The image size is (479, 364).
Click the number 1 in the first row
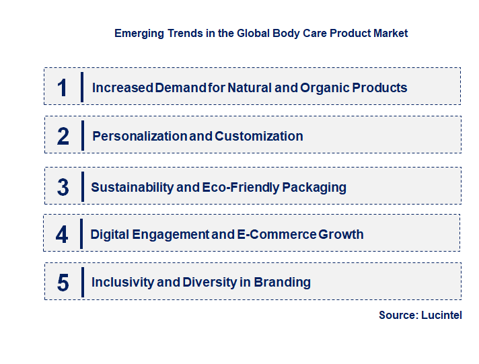coord(63,87)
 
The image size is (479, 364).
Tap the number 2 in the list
coord(63,136)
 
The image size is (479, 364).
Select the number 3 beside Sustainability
coord(63,187)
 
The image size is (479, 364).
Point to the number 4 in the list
coord(62,235)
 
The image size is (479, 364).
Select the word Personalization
coord(139,136)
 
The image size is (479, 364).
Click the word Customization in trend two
coord(259,136)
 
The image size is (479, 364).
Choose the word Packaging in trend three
coord(312,187)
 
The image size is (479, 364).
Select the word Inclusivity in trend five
coord(122,282)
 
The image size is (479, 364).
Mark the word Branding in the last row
coord(283,283)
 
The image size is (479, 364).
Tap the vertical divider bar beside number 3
coord(82,186)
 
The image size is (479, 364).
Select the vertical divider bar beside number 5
coord(82,281)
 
